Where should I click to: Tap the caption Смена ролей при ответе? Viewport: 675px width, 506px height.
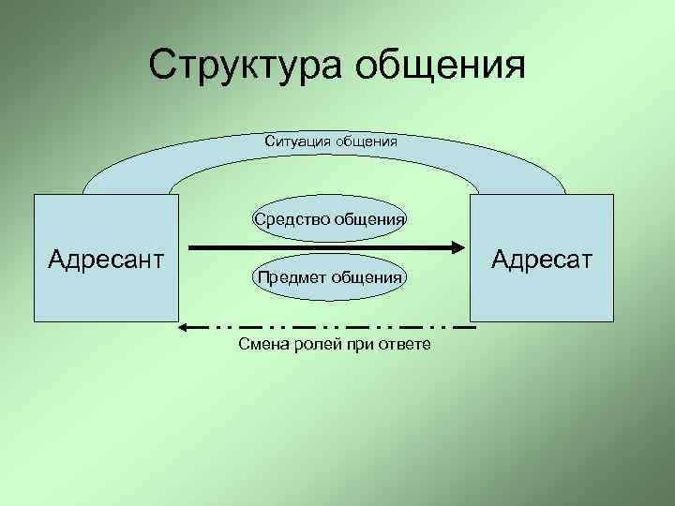335,345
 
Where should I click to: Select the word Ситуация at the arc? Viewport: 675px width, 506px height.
296,142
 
